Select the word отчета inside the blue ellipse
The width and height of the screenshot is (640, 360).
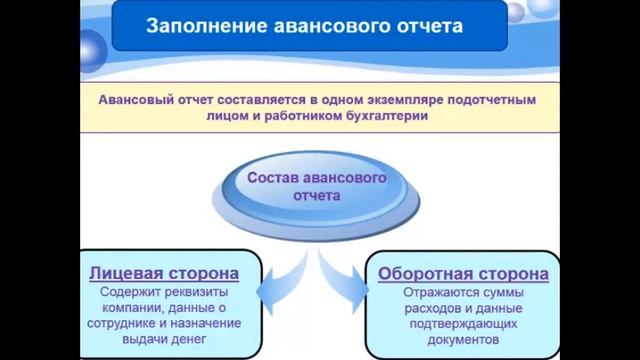(x=317, y=196)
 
